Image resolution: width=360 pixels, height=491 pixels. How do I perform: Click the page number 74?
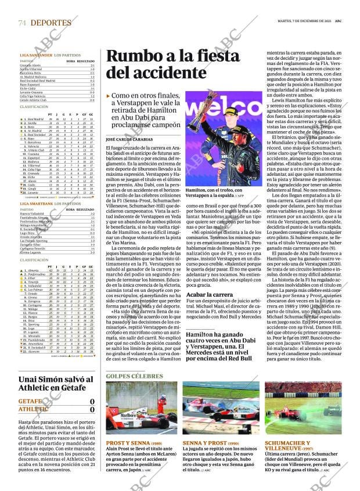[23, 23]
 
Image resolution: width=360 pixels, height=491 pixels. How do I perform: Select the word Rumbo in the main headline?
[131, 57]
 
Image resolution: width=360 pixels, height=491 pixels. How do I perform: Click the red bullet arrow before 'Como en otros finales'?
[108, 96]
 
